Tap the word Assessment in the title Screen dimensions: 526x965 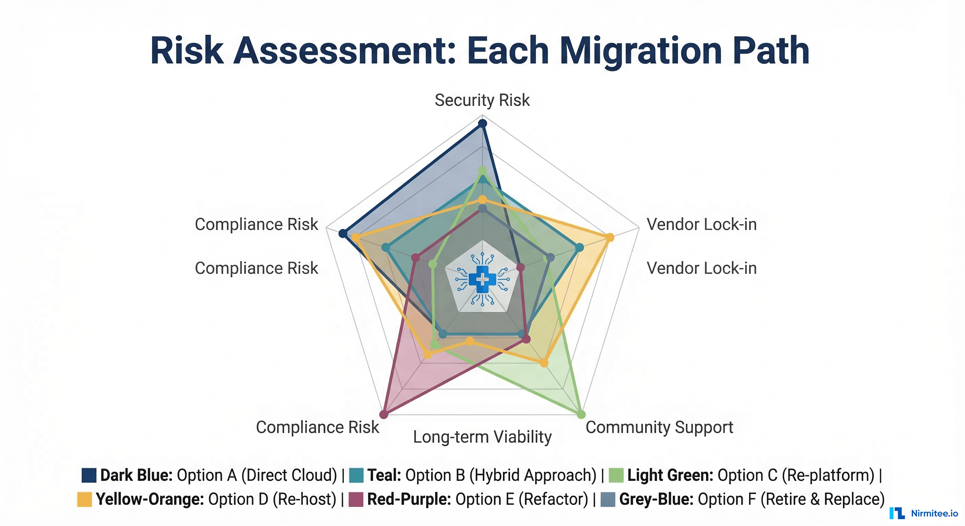(345, 51)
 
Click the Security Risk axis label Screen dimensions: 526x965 (482, 100)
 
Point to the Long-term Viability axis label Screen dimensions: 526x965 (482, 437)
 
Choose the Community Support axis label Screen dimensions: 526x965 (659, 427)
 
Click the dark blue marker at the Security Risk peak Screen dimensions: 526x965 (483, 123)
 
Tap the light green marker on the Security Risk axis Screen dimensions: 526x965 (483, 171)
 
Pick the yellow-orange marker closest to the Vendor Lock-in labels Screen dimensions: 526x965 (610, 237)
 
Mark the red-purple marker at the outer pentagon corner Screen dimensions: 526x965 (383, 414)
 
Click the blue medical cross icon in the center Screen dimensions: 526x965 (482, 279)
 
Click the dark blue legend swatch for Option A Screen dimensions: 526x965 (89, 475)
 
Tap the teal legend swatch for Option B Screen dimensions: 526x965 (356, 475)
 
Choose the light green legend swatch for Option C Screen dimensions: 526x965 (616, 475)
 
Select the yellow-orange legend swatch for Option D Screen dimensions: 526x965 (84, 499)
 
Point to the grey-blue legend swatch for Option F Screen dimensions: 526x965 (608, 499)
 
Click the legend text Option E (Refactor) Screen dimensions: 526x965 (522, 499)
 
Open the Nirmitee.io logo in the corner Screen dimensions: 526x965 (924, 513)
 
